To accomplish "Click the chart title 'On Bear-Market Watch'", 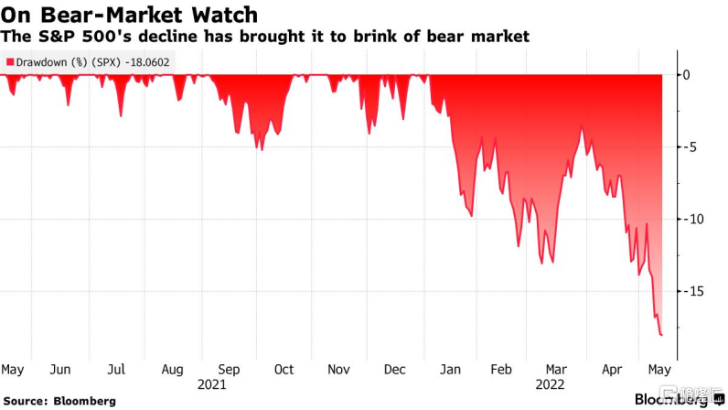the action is coord(129,15).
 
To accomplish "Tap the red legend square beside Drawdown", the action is coord(10,62).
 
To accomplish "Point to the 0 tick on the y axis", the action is coord(686,75).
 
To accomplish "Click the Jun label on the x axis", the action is coord(60,370).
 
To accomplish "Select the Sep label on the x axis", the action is coord(229,370).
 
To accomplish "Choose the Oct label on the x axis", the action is coord(284,370).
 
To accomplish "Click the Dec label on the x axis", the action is coord(395,370).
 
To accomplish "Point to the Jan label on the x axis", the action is coord(450,370).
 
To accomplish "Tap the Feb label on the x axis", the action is coord(501,370).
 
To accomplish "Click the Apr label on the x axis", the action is coord(612,370).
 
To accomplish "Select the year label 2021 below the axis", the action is coord(211,385).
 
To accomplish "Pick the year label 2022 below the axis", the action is coord(550,385).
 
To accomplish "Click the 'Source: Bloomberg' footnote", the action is coord(59,401).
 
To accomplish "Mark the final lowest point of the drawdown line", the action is coord(661,335).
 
